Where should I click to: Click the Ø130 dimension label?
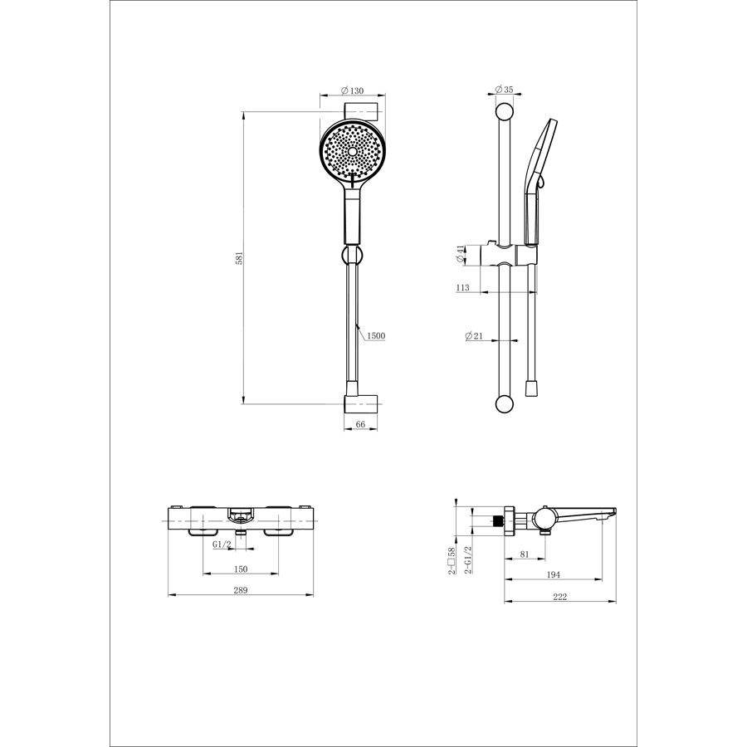[x=353, y=90]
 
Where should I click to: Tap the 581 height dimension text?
[x=240, y=258]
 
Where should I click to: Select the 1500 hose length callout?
[x=376, y=336]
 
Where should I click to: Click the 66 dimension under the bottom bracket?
[x=360, y=424]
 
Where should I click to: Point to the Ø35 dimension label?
[x=504, y=90]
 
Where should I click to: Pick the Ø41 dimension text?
[x=460, y=254]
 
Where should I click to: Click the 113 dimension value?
[x=462, y=287]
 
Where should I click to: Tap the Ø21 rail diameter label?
[x=474, y=336]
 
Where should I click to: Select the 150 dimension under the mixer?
[x=241, y=569]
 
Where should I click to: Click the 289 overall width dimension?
[x=241, y=590]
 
